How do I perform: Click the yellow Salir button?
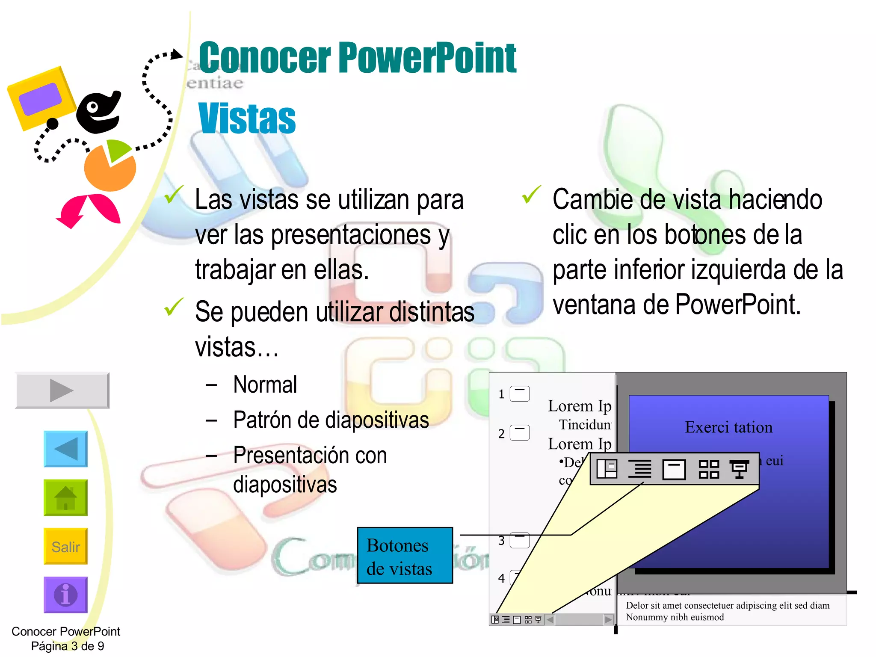[x=65, y=546]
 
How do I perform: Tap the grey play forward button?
[x=62, y=390]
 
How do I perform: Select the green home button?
[x=65, y=497]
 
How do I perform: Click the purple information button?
[x=65, y=595]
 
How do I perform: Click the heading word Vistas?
[x=247, y=119]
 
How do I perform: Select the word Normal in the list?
[x=265, y=385]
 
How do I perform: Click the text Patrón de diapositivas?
[x=331, y=420]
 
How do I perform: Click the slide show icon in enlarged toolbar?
[x=739, y=469]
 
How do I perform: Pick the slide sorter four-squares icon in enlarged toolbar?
[x=708, y=469]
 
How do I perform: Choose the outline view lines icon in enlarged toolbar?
[x=640, y=469]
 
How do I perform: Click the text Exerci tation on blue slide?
[x=728, y=427]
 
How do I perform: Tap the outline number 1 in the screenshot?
[x=501, y=394]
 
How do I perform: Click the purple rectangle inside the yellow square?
[x=40, y=99]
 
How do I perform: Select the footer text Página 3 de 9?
[x=68, y=646]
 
